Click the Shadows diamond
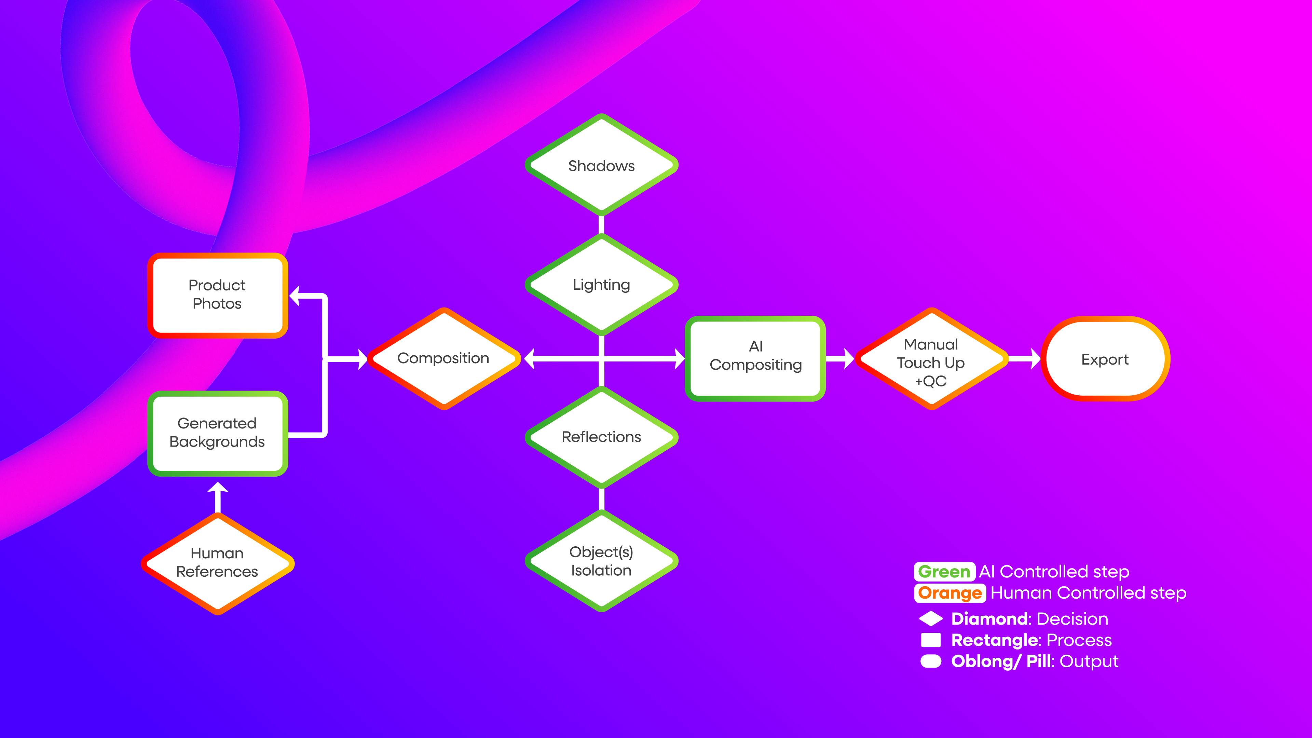(x=601, y=165)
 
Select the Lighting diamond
(x=601, y=285)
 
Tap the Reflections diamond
(x=601, y=437)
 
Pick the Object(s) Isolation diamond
(x=601, y=561)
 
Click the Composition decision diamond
(x=443, y=358)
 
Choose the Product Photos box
(x=218, y=295)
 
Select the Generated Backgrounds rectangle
(x=218, y=433)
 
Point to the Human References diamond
(x=218, y=563)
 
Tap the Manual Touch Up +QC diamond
(x=931, y=359)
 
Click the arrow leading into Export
(x=1025, y=358)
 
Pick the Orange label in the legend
(x=950, y=593)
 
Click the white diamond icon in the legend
(x=931, y=619)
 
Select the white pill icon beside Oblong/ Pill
(x=931, y=661)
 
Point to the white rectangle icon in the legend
(x=931, y=640)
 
